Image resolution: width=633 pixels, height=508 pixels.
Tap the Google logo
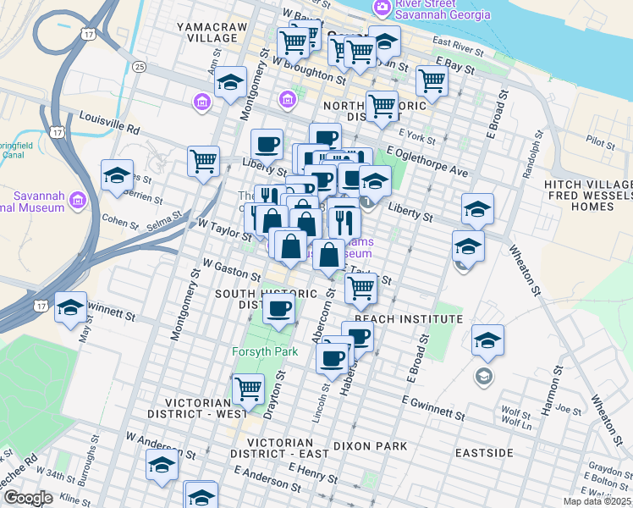pos(28,498)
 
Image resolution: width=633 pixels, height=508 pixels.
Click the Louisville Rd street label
pos(109,124)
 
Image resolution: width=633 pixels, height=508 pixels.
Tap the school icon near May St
pos(70,307)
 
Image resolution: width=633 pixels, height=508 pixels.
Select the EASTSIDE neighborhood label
pos(483,454)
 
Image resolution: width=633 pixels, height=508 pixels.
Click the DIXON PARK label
pos(370,445)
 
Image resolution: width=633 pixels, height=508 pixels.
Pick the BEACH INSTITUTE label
pos(409,319)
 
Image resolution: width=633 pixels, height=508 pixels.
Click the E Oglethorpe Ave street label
pos(427,161)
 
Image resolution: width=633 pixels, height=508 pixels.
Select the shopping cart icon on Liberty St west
pos(204,160)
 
